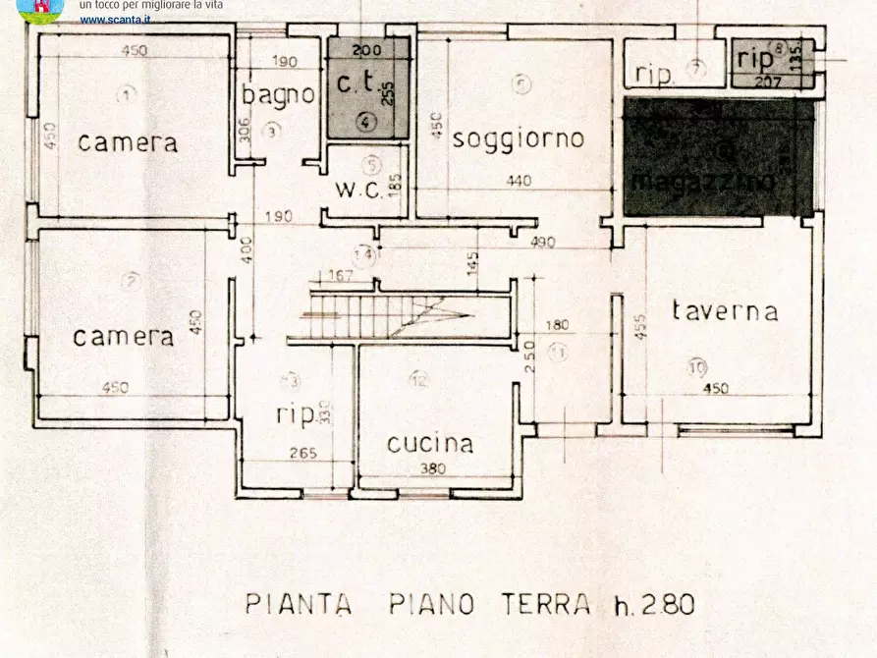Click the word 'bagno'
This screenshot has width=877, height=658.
[x=279, y=94]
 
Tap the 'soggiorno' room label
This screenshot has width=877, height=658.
[x=518, y=138]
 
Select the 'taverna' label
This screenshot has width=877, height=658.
[x=725, y=311]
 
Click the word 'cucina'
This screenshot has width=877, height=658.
[x=429, y=443]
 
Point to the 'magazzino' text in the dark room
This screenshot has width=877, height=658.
[x=703, y=181]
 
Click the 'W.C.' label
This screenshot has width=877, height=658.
[x=357, y=190]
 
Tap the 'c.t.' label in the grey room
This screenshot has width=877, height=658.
[x=356, y=84]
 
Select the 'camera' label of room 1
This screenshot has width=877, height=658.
[x=128, y=142]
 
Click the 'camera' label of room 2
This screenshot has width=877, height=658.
[x=124, y=337]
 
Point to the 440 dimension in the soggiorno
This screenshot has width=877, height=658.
[x=520, y=181]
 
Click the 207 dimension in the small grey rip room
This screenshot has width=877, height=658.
[x=768, y=82]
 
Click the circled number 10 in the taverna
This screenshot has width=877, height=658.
[x=696, y=367]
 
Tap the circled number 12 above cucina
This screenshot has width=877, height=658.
[x=420, y=379]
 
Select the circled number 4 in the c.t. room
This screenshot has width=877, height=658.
[x=365, y=122]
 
